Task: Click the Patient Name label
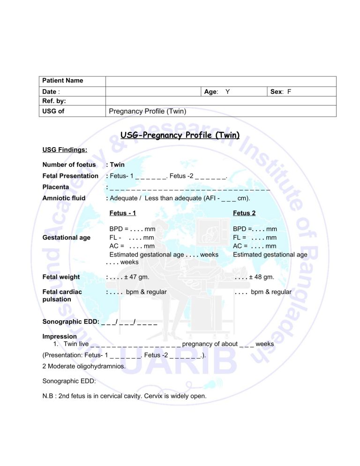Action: [63, 81]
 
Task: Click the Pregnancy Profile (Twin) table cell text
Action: [148, 111]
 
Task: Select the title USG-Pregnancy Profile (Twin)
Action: [180, 135]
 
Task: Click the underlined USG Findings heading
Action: [63, 150]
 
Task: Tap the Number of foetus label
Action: [69, 165]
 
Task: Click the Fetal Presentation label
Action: [70, 176]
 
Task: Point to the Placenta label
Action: [56, 187]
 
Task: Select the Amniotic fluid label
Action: [64, 198]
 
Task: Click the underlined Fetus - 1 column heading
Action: [122, 213]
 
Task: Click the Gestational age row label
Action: [66, 238]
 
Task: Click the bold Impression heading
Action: [60, 337]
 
